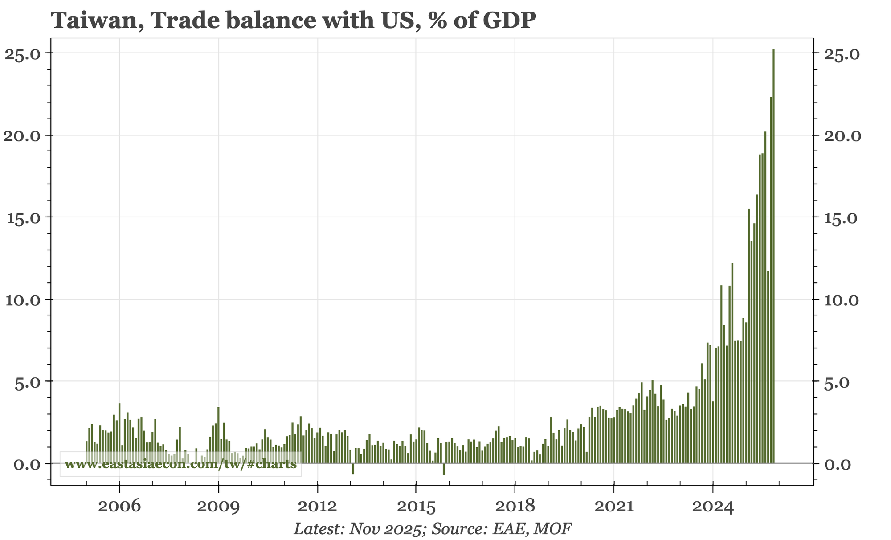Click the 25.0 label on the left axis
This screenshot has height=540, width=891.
coord(22,53)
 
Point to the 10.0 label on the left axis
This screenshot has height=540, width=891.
coord(22,300)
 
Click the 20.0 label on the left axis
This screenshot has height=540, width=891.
coord(22,136)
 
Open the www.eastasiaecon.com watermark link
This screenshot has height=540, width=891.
coord(180,464)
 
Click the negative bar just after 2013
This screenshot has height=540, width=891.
coord(353,468)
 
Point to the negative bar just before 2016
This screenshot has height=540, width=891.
coord(444,469)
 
